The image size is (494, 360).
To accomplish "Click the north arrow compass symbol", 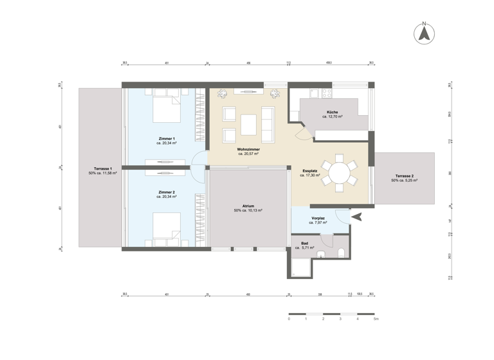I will tap(424, 33).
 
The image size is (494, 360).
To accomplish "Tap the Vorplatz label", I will tap(318, 219).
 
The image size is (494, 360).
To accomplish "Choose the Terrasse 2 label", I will tap(405, 177).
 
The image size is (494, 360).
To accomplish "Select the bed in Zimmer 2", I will tap(167, 229).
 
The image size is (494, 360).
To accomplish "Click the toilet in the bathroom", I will tap(342, 251).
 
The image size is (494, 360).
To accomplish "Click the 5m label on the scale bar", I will tap(376, 319).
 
